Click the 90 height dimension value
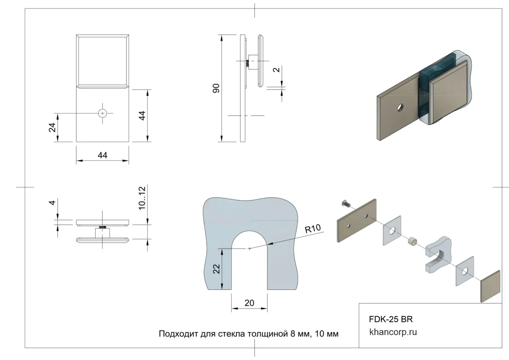(x=216, y=88)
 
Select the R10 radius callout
(x=313, y=229)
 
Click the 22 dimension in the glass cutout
(x=217, y=269)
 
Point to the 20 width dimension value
(x=249, y=303)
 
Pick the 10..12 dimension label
(x=142, y=198)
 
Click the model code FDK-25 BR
(x=391, y=319)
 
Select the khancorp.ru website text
(x=393, y=332)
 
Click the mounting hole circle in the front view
(x=103, y=113)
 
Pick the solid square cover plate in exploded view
(x=490, y=286)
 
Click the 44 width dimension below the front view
(x=103, y=155)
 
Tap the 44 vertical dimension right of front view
(x=142, y=116)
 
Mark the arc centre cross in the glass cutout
(x=249, y=249)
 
